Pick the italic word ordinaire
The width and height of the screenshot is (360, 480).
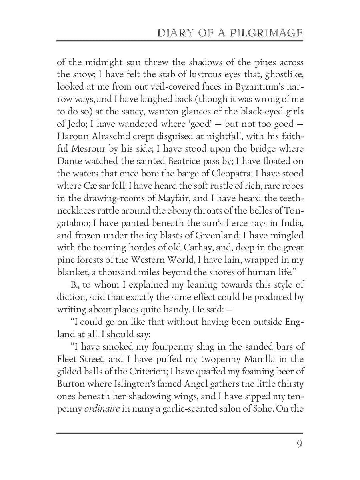coord(102,410)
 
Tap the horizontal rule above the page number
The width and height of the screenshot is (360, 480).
coord(180,433)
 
